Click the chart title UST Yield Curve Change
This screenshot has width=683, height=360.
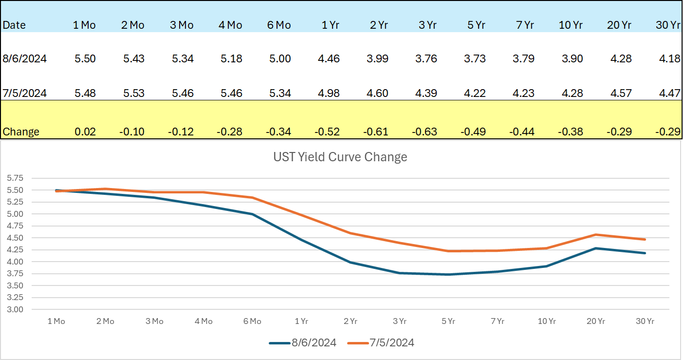click(339, 157)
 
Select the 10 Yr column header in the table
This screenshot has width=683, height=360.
click(571, 25)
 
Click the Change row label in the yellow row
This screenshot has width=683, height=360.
click(21, 132)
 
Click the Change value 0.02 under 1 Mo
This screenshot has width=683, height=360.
click(85, 132)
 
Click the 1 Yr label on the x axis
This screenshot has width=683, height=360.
click(301, 322)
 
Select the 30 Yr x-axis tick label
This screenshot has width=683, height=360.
click(645, 322)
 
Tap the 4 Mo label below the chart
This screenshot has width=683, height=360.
click(203, 322)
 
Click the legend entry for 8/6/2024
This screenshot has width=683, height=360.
click(303, 343)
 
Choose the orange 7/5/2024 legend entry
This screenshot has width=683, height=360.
click(381, 343)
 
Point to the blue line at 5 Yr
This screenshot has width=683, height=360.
click(448, 274)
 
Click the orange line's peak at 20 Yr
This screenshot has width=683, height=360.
click(595, 234)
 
